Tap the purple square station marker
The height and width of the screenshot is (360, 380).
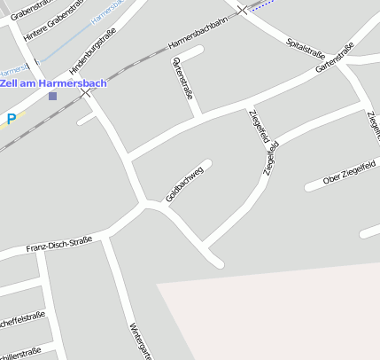click(x=53, y=96)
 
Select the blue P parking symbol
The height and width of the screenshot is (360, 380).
click(x=12, y=117)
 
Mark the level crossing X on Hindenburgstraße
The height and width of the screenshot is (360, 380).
click(x=85, y=92)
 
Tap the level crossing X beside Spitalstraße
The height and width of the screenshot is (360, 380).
click(x=242, y=10)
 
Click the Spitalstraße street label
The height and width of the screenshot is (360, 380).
click(x=306, y=47)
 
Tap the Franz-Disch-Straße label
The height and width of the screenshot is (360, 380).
click(x=59, y=244)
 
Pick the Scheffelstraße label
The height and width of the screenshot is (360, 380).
click(x=22, y=317)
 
